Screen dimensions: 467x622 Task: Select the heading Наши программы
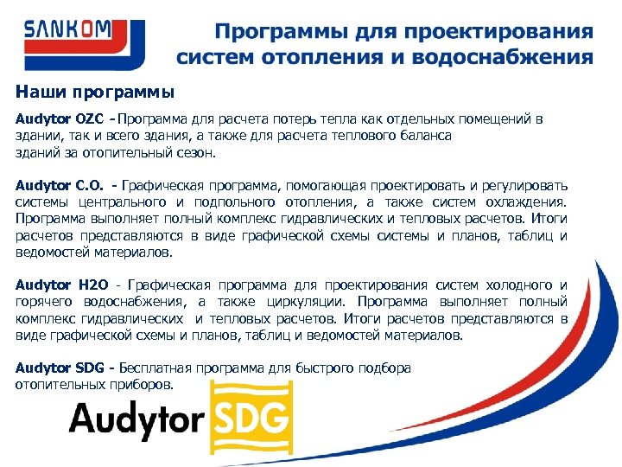(x=95, y=91)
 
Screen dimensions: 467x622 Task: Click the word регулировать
(x=521, y=184)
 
